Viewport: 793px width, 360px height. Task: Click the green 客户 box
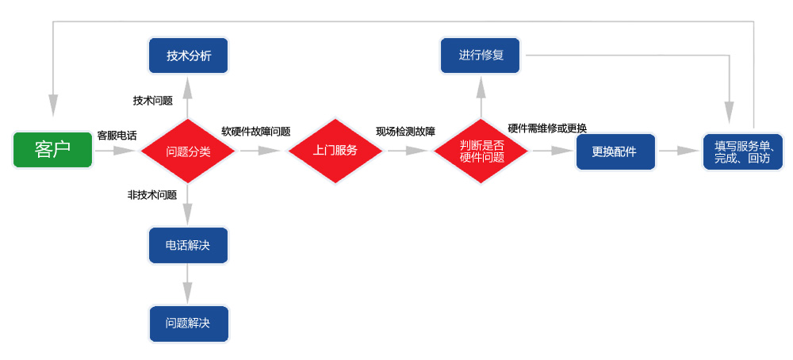tap(52, 149)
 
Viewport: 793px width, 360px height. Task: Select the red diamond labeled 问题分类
tap(188, 151)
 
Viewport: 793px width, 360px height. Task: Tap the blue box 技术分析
tap(189, 56)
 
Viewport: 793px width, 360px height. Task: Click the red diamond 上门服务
tap(335, 151)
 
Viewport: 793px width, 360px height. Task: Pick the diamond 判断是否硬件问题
tap(481, 151)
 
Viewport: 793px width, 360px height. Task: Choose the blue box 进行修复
tap(481, 56)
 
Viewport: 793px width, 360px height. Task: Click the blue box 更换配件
tap(615, 151)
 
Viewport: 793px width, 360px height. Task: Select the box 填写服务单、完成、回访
tap(743, 151)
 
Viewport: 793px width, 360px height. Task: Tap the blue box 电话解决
tap(188, 245)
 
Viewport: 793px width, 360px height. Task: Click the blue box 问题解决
tap(188, 324)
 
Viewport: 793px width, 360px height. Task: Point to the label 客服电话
tap(117, 136)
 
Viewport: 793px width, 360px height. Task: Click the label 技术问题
tap(153, 101)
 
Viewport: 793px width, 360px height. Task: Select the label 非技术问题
tap(152, 195)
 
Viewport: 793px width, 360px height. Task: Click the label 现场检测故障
tap(405, 132)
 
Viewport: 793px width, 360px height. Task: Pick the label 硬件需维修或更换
tap(547, 128)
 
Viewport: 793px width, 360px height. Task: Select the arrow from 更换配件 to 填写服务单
tap(679, 151)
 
